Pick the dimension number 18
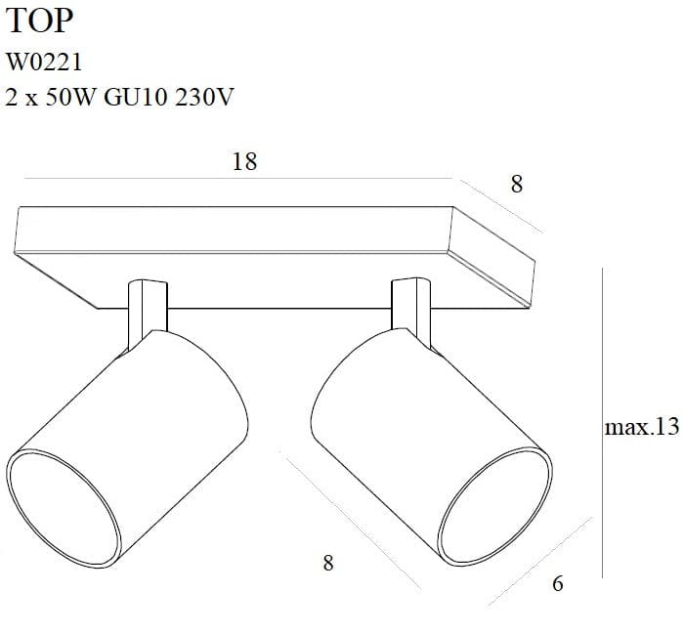coord(244,161)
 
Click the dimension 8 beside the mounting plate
coord(517,184)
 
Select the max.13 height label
coord(641,427)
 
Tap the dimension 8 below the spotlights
coord(328,562)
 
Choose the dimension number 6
coord(558,584)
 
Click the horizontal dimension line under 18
coord(235,179)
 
